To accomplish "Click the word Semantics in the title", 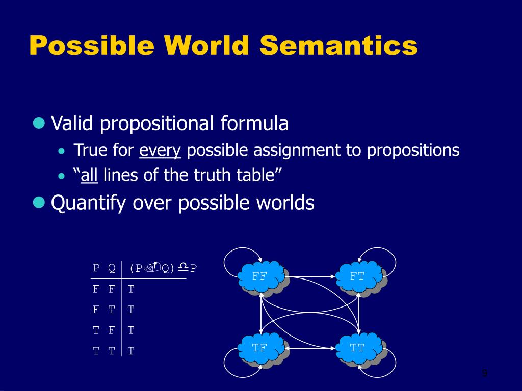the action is point(338,45).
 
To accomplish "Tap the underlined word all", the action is point(89,176).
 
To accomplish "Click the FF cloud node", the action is point(260,276).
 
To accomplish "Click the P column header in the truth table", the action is point(96,268).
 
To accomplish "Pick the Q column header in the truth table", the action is point(112,268).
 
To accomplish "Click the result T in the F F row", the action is point(131,289).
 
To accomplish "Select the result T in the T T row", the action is point(131,350).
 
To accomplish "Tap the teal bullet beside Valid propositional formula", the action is point(39,123).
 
